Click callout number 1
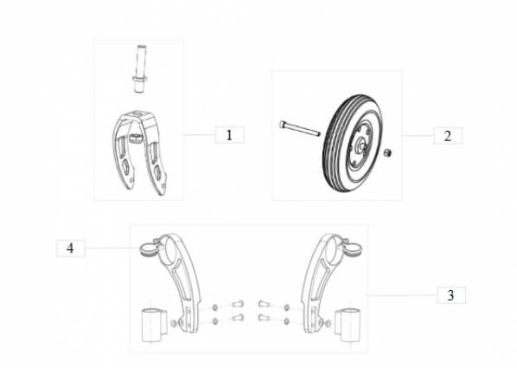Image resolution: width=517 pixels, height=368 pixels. tap(229, 135)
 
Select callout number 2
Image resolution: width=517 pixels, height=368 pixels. tap(448, 136)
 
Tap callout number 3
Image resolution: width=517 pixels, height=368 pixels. tap(450, 295)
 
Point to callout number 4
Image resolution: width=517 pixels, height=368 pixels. tap(70, 249)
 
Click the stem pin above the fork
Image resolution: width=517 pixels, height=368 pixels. tap(140, 68)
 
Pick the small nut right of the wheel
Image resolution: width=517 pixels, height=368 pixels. tap(387, 152)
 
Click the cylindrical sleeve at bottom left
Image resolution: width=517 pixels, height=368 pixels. tap(152, 325)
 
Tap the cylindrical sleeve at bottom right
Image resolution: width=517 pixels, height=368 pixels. tap(348, 325)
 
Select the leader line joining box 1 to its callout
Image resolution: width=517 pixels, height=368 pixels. tap(199, 135)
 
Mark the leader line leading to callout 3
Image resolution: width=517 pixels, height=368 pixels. tap(402, 295)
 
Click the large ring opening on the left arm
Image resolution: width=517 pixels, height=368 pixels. tap(172, 250)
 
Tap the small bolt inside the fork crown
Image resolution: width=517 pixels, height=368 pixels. tap(135, 138)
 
